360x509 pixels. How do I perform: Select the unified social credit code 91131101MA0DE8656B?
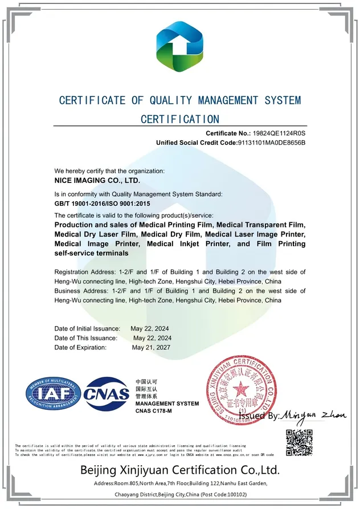coord(271,142)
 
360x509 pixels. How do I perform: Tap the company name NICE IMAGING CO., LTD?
coord(97,180)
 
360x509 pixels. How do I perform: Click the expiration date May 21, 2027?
coord(151,347)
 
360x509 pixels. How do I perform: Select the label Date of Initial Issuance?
coord(87,329)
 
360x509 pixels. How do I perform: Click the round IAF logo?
coord(51,394)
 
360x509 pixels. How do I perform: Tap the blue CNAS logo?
coord(107,394)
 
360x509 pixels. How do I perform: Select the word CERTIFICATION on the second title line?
coord(179,119)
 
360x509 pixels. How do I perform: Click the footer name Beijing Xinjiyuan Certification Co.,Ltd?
coord(179,470)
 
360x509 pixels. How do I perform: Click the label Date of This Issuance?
coord(85,338)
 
